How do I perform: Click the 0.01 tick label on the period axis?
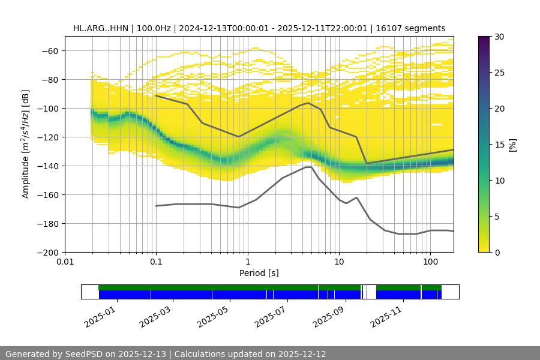pyautogui.click(x=65, y=262)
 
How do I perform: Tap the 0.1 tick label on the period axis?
pyautogui.click(x=156, y=262)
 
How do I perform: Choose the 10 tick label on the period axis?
pyautogui.click(x=338, y=262)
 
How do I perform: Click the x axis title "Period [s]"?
pyautogui.click(x=259, y=274)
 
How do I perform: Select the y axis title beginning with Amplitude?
pyautogui.click(x=25, y=144)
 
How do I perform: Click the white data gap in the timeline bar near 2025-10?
pyautogui.click(x=371, y=292)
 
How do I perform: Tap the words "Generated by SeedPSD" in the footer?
pyautogui.click(x=51, y=354)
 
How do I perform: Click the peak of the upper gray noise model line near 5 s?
pyautogui.click(x=308, y=103)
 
